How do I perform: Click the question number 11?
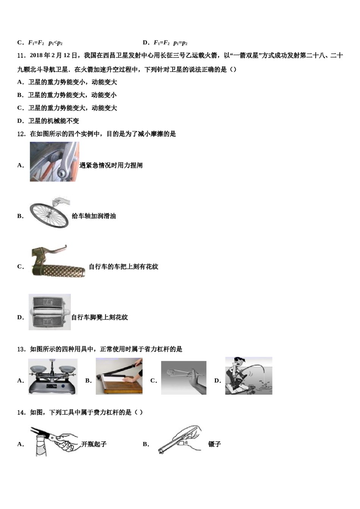pyautogui.click(x=22, y=56)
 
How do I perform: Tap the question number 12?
pyautogui.click(x=22, y=134)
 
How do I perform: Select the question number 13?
pyautogui.click(x=22, y=349)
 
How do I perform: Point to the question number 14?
pyautogui.click(x=22, y=412)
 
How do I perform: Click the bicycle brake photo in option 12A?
pyautogui.click(x=54, y=162)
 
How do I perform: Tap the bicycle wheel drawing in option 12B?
pyautogui.click(x=50, y=212)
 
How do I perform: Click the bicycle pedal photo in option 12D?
pyautogui.click(x=50, y=312)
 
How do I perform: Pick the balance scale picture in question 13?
pyautogui.click(x=53, y=376)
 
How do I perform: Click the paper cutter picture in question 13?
pyautogui.click(x=119, y=376)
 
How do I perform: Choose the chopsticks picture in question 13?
pyautogui.click(x=184, y=378)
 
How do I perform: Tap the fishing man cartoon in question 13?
pyautogui.click(x=249, y=376)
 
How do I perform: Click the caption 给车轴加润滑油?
pyautogui.click(x=94, y=216)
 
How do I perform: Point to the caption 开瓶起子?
pyautogui.click(x=94, y=444)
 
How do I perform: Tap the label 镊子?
pyautogui.click(x=214, y=444)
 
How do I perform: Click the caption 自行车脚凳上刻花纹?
pyautogui.click(x=100, y=317)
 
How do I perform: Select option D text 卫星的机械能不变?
pyautogui.click(x=53, y=121)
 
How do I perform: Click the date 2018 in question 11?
pyautogui.click(x=36, y=56)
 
